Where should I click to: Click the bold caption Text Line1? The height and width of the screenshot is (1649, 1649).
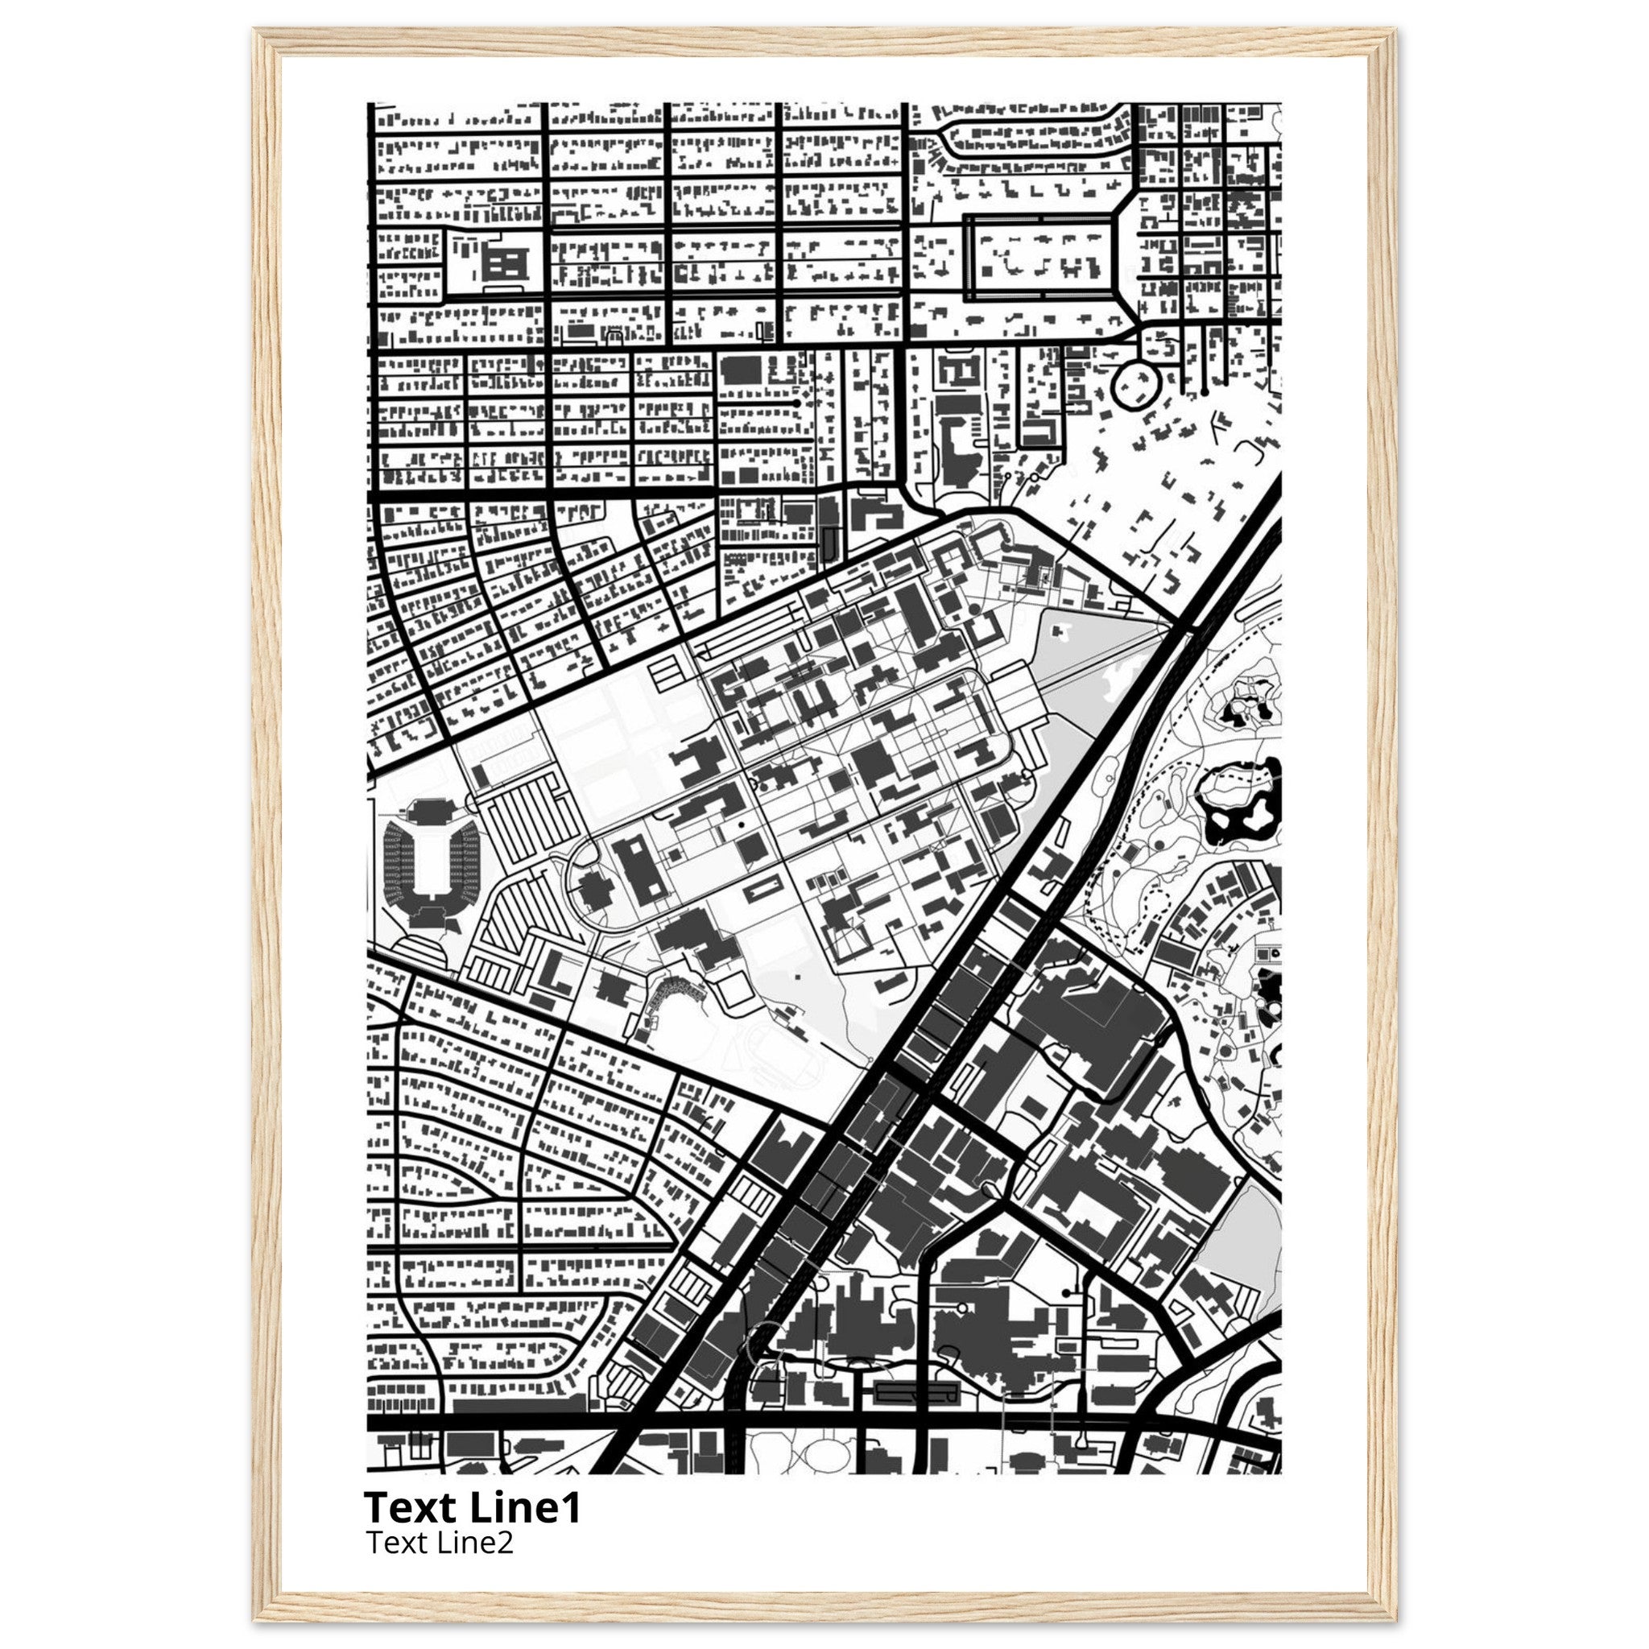(x=472, y=1507)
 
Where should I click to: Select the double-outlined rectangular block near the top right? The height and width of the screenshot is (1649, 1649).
(x=1041, y=258)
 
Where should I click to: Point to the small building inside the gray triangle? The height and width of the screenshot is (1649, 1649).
(x=1061, y=631)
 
